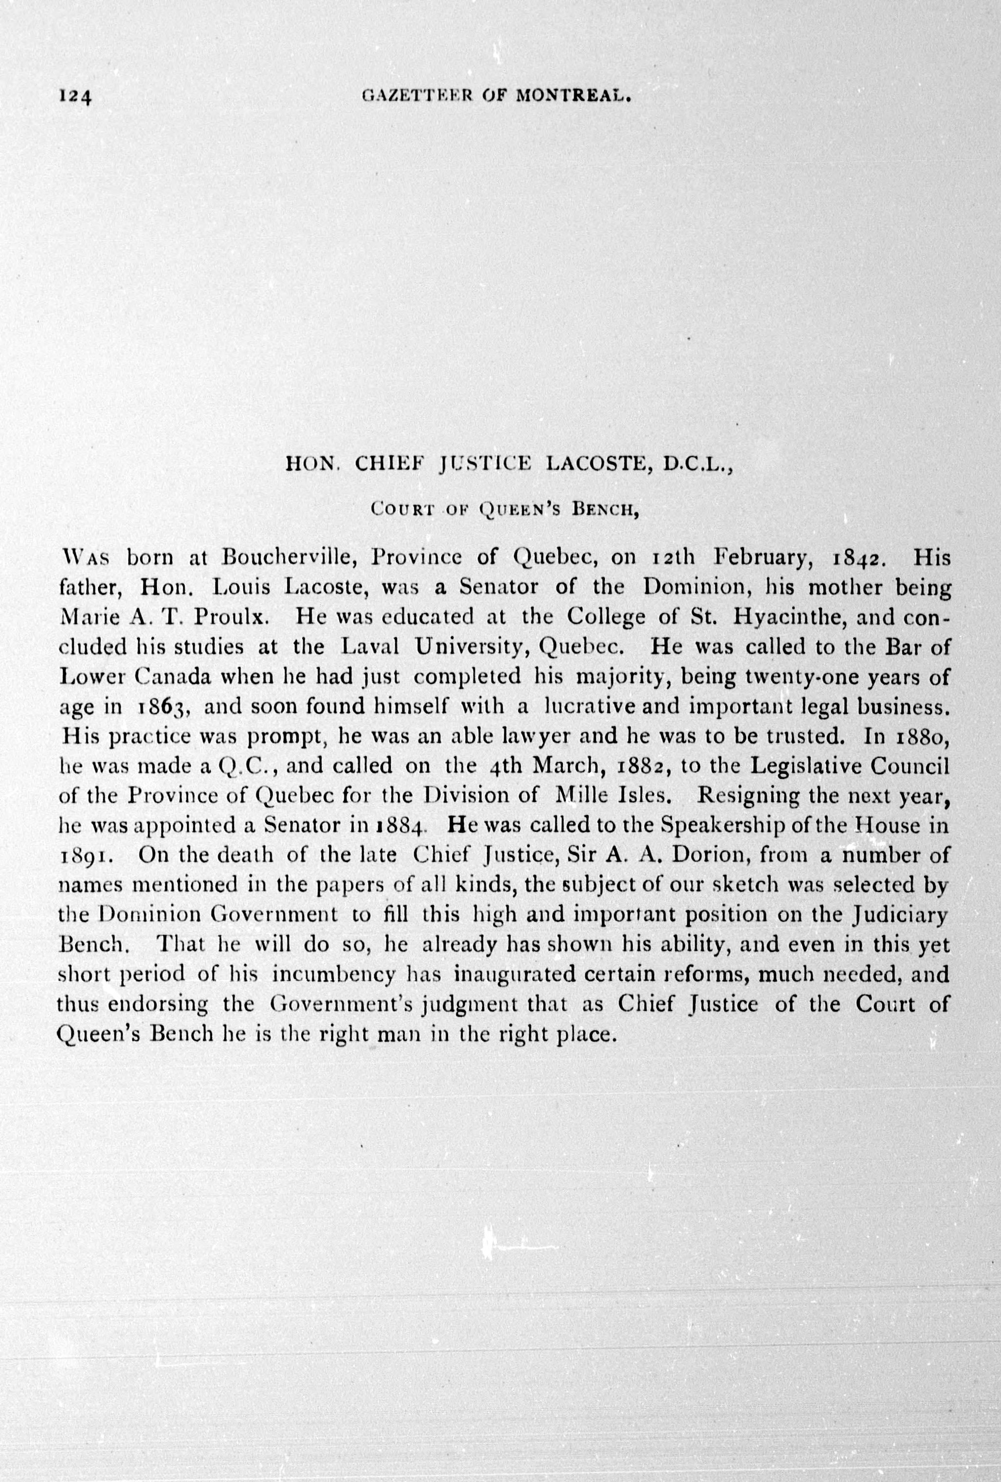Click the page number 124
tap(76, 96)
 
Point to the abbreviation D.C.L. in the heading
tap(700, 465)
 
